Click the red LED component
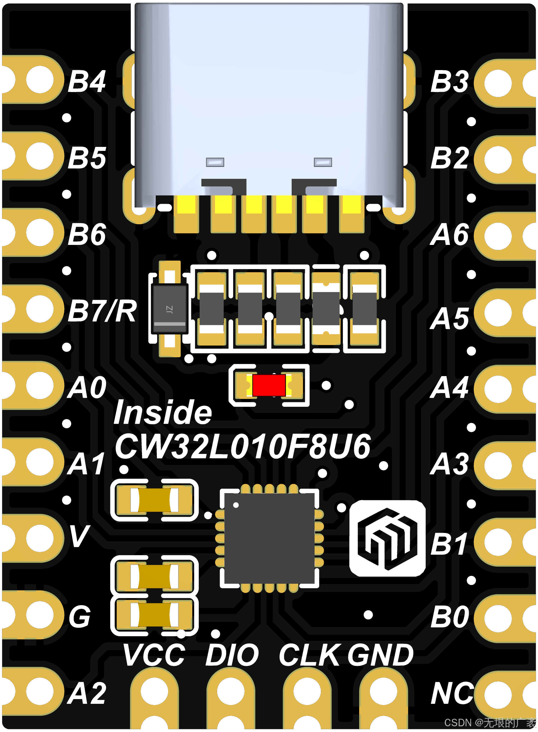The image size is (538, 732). [269, 385]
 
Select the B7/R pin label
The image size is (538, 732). [102, 311]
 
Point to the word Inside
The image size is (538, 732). [162, 413]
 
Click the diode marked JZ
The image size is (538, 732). [169, 309]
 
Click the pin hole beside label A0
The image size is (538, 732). [40, 385]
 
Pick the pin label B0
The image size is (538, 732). [449, 617]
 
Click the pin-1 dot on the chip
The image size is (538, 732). [236, 505]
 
